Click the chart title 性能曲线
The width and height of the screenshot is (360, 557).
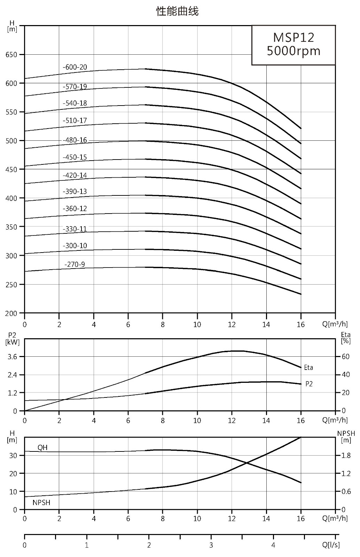[178, 11]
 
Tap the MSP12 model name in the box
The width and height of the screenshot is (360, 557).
[294, 38]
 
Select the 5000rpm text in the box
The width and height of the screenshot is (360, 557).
[294, 51]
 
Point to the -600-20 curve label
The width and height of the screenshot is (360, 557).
[75, 67]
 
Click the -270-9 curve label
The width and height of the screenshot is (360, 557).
[75, 264]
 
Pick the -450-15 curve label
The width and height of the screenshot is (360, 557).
[75, 157]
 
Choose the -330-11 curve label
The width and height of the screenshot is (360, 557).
[75, 229]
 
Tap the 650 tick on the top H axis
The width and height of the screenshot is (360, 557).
[11, 55]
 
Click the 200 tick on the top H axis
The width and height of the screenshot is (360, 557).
[11, 313]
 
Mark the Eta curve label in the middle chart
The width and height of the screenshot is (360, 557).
[308, 367]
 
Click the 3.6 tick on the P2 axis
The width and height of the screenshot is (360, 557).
[12, 357]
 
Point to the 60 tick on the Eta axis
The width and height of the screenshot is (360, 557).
[346, 357]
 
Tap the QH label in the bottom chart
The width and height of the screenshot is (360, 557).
[42, 448]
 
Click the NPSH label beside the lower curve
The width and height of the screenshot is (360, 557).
[41, 503]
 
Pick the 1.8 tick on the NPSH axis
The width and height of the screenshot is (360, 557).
[346, 455]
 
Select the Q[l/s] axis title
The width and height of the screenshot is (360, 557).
[331, 545]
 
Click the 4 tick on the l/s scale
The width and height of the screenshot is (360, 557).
[273, 545]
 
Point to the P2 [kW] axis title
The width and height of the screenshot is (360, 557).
[12, 339]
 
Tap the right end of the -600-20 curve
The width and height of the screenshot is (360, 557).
[301, 129]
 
